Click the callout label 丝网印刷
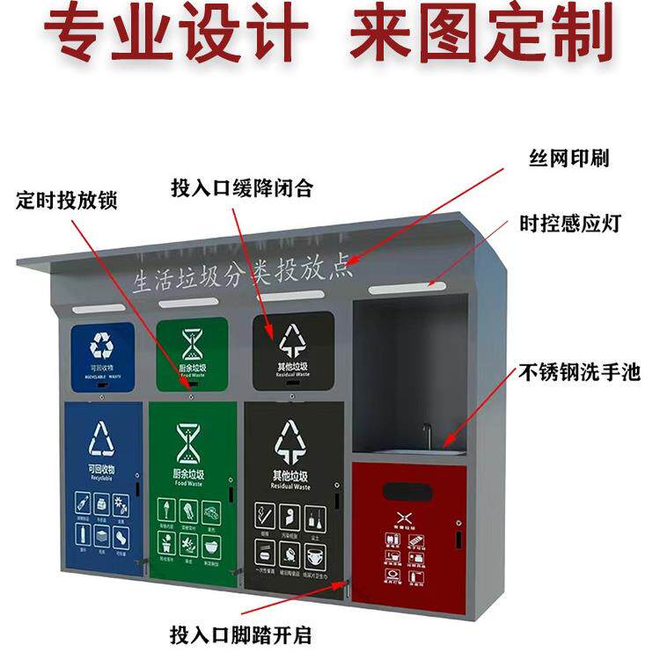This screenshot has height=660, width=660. point(568,158)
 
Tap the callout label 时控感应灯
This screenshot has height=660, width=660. point(582,223)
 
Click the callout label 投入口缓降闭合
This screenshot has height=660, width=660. point(242,187)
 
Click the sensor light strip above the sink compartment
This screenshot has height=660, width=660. point(400,288)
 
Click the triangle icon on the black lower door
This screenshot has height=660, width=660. point(290,440)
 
